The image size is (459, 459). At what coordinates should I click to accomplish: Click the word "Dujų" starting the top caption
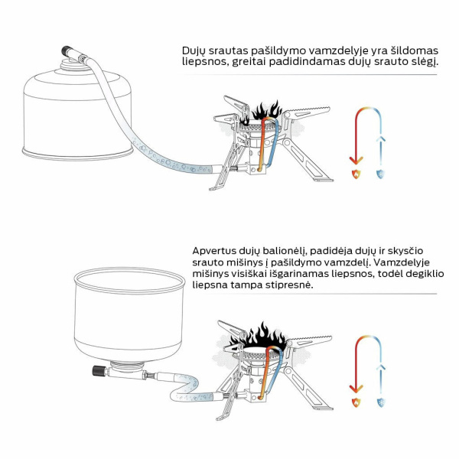(x=194, y=51)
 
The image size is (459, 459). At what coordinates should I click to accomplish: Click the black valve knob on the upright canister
(x=67, y=50)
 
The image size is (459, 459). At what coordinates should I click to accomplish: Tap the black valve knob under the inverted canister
(x=98, y=370)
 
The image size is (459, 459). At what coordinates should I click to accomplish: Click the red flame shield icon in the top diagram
(x=356, y=174)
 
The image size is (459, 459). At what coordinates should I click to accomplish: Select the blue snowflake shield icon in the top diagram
(x=380, y=174)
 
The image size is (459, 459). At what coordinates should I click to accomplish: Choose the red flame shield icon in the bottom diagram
(x=356, y=402)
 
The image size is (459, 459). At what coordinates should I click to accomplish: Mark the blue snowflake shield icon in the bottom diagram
(x=381, y=402)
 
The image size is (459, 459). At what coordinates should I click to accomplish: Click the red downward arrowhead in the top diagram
(x=356, y=161)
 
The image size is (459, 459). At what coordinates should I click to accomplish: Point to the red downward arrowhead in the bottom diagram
(x=356, y=389)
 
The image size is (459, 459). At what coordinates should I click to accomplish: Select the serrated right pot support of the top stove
(x=307, y=113)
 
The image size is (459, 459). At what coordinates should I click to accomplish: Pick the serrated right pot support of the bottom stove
(x=309, y=342)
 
